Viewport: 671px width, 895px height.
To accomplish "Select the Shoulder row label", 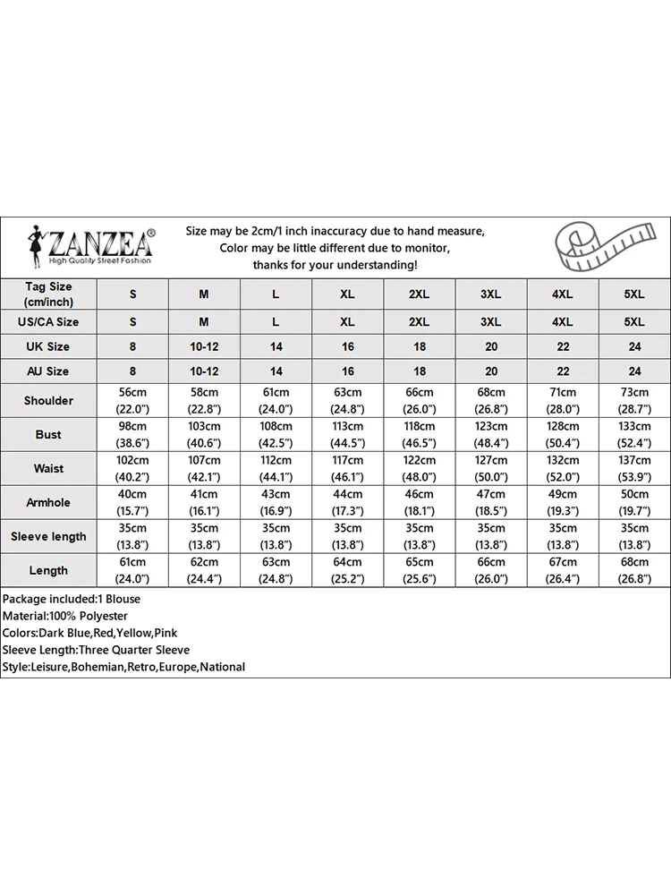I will pyautogui.click(x=48, y=401).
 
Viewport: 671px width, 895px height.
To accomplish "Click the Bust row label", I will pyautogui.click(x=48, y=435).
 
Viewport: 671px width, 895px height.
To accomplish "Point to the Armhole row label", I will pyautogui.click(x=48, y=502).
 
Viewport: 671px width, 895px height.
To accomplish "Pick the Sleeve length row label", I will pyautogui.click(x=48, y=536).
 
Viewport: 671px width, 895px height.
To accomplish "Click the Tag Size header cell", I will pyautogui.click(x=48, y=294).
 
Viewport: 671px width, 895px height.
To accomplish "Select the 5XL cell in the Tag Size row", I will pyautogui.click(x=633, y=294).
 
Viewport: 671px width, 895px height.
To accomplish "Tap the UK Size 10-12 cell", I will pyautogui.click(x=204, y=346).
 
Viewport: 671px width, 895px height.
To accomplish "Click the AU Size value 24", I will pyautogui.click(x=633, y=371).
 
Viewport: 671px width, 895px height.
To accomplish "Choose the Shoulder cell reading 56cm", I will pyautogui.click(x=132, y=401).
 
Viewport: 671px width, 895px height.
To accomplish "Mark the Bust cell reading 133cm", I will pyautogui.click(x=633, y=435).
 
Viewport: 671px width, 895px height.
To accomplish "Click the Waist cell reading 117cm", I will pyautogui.click(x=347, y=468).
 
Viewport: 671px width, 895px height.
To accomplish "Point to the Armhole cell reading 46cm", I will pyautogui.click(x=419, y=502).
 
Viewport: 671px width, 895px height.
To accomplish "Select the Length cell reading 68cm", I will pyautogui.click(x=633, y=570).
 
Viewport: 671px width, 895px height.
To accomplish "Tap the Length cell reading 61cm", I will pyautogui.click(x=132, y=570).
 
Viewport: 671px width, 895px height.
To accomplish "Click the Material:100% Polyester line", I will pyautogui.click(x=64, y=616).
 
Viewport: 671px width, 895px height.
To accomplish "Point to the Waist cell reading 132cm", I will pyautogui.click(x=562, y=468).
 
